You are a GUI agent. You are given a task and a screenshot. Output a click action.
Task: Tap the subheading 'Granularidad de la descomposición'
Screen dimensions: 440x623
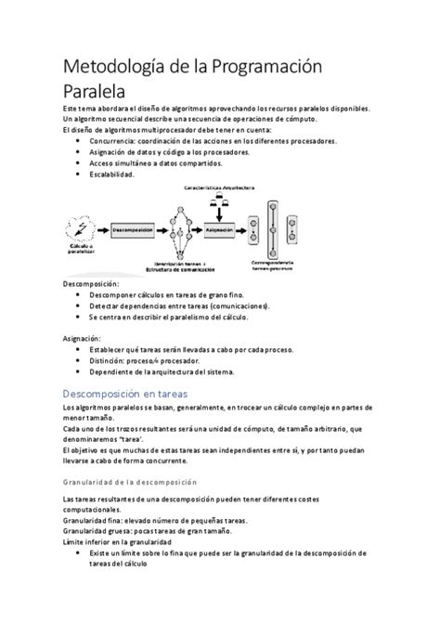[x=129, y=482]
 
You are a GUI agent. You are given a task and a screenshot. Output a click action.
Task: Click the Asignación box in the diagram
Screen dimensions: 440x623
[x=219, y=228]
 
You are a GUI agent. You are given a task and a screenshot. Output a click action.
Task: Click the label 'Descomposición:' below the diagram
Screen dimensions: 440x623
[x=91, y=282]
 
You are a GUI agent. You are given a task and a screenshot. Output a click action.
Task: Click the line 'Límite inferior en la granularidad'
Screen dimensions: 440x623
[x=117, y=540]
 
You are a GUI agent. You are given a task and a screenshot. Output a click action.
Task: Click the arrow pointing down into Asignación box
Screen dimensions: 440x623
[x=219, y=212]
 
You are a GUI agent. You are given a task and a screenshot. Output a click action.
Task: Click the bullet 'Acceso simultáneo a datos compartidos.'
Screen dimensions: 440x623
[x=156, y=162]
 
